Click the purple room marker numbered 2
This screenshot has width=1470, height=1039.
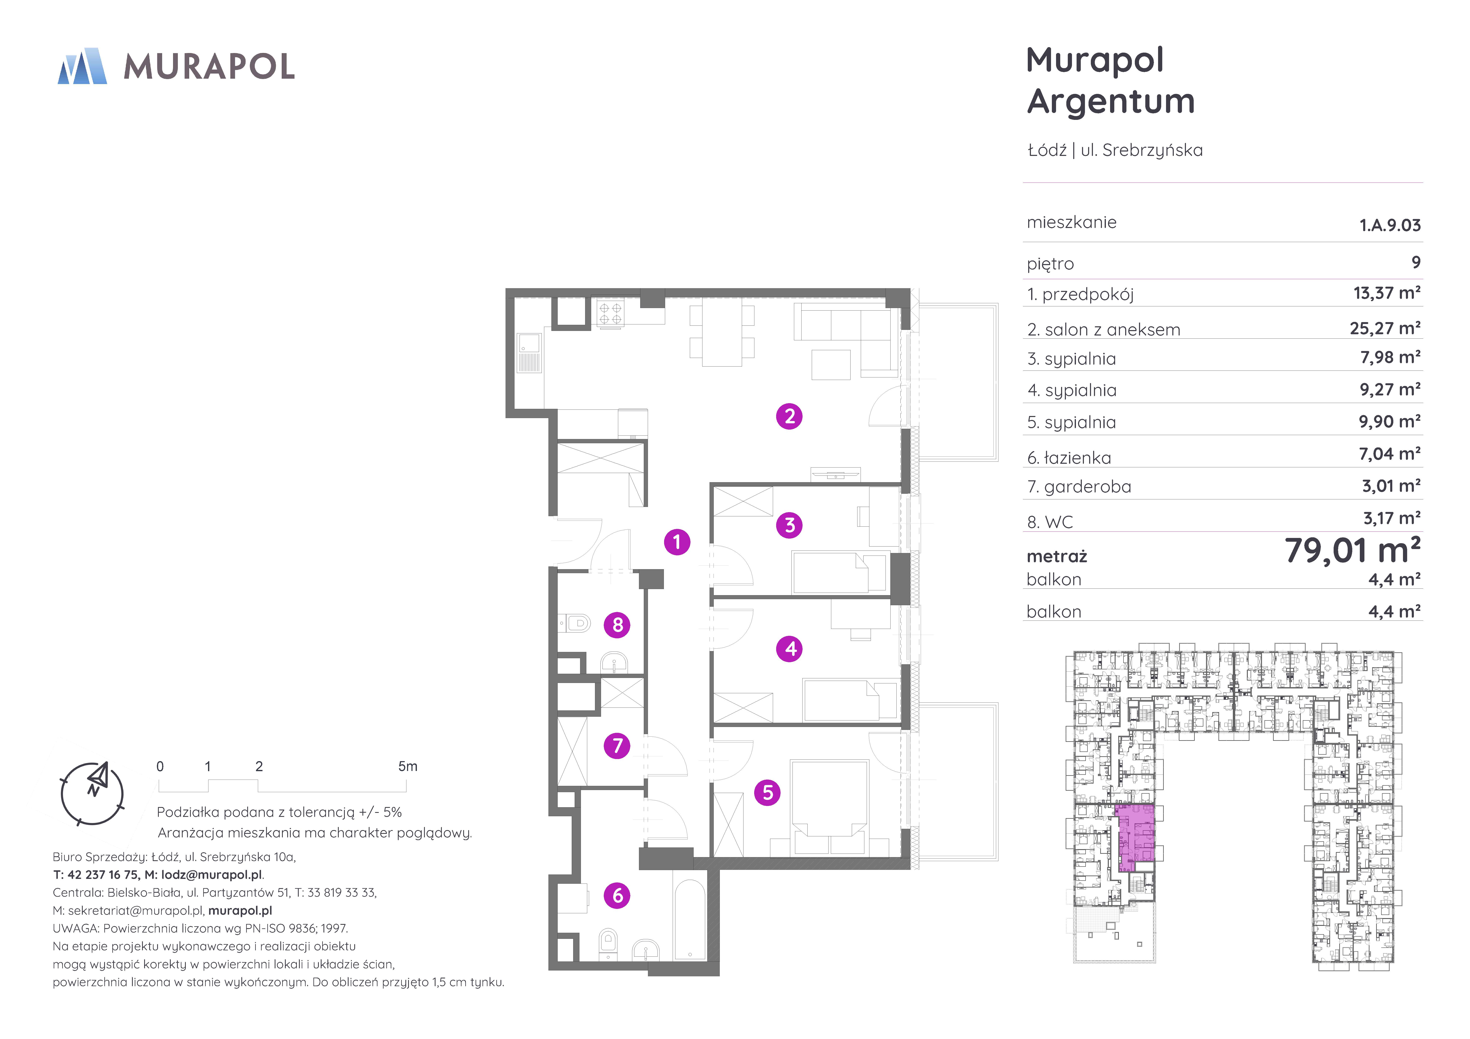click(x=789, y=416)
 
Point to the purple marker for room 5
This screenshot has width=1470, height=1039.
click(x=768, y=792)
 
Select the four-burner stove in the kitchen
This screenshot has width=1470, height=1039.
click(x=610, y=314)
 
